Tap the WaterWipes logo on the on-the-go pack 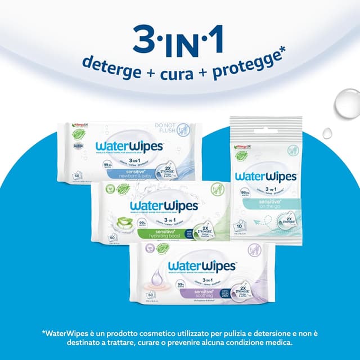pos(265,177)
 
